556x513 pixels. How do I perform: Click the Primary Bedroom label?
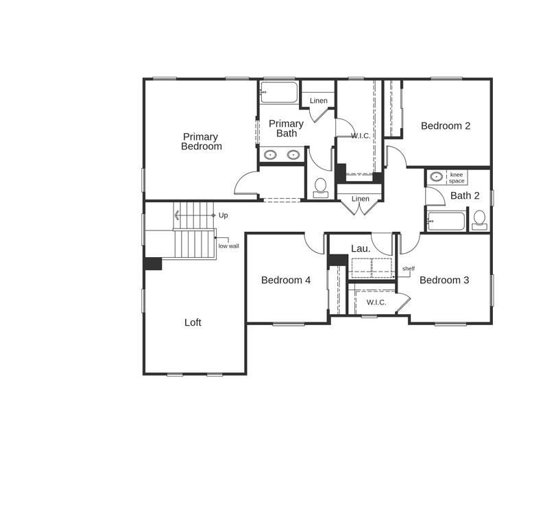[201, 141]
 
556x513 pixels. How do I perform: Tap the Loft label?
[193, 322]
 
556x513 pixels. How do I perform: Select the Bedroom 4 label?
[286, 281]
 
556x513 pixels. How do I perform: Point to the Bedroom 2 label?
[446, 126]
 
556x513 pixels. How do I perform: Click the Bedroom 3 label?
[444, 281]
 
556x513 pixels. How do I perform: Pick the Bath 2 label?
[465, 195]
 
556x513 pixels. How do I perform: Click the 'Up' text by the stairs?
[223, 215]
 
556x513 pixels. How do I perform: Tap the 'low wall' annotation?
[229, 246]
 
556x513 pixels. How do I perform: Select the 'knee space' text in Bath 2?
[457, 178]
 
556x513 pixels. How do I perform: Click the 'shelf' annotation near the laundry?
[409, 269]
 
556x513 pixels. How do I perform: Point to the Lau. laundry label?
[361, 249]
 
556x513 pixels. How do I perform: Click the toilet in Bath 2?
[479, 220]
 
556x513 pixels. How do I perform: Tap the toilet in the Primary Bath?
[321, 188]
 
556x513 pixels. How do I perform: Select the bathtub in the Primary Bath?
[279, 93]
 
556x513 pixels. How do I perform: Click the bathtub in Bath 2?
[446, 221]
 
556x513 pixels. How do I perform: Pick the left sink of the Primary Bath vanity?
[271, 155]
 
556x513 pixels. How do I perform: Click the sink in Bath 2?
[436, 176]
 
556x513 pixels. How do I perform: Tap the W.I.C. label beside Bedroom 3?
[376, 302]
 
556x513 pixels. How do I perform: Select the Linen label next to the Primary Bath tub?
[318, 101]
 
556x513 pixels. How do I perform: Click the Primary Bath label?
[286, 128]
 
